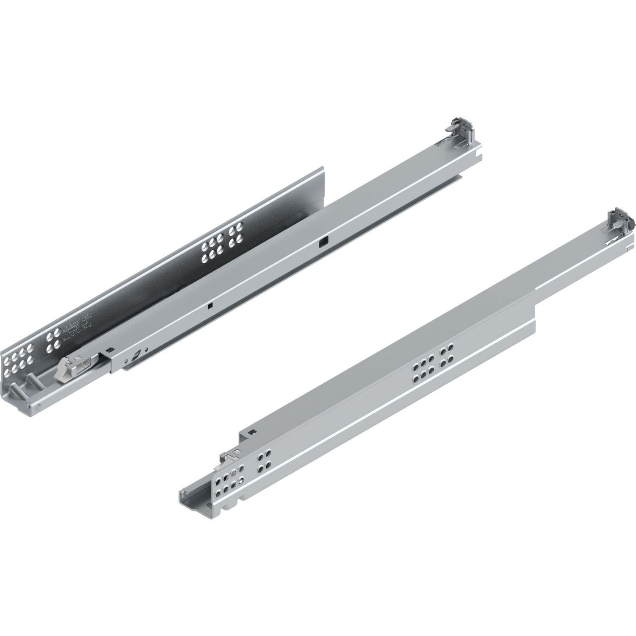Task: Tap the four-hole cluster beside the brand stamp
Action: [x=54, y=342]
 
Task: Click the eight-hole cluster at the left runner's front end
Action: [x=19, y=358]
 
